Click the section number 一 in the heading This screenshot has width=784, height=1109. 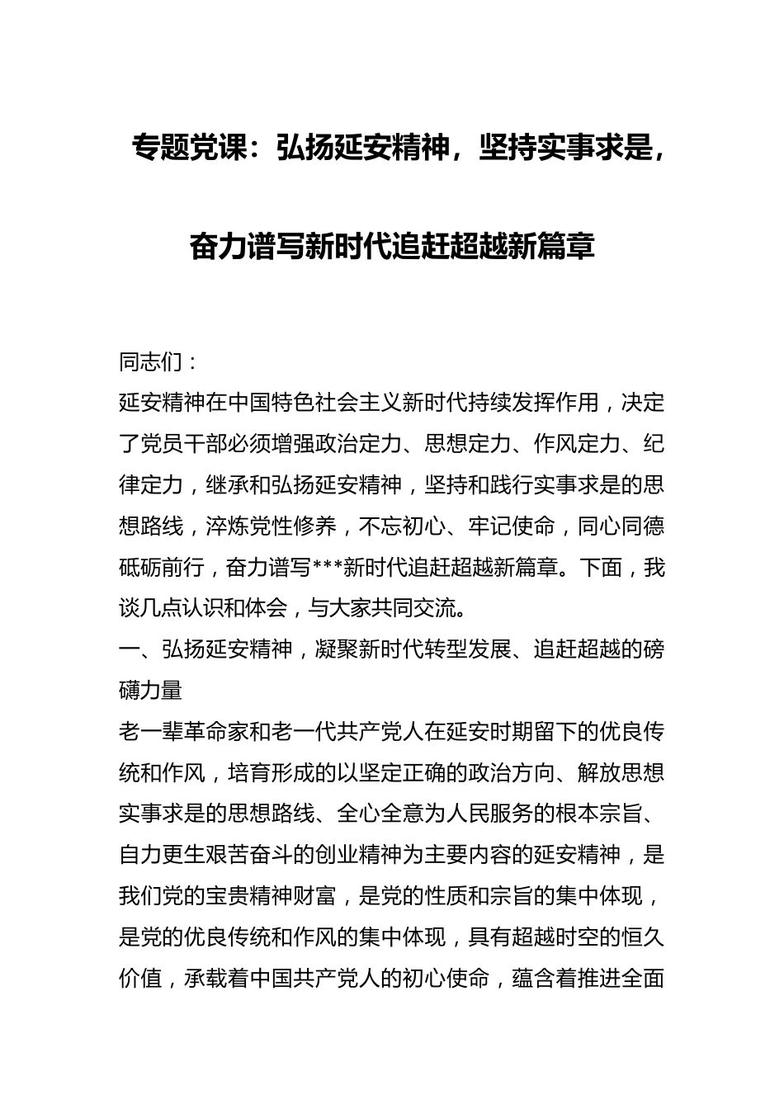pyautogui.click(x=130, y=650)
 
